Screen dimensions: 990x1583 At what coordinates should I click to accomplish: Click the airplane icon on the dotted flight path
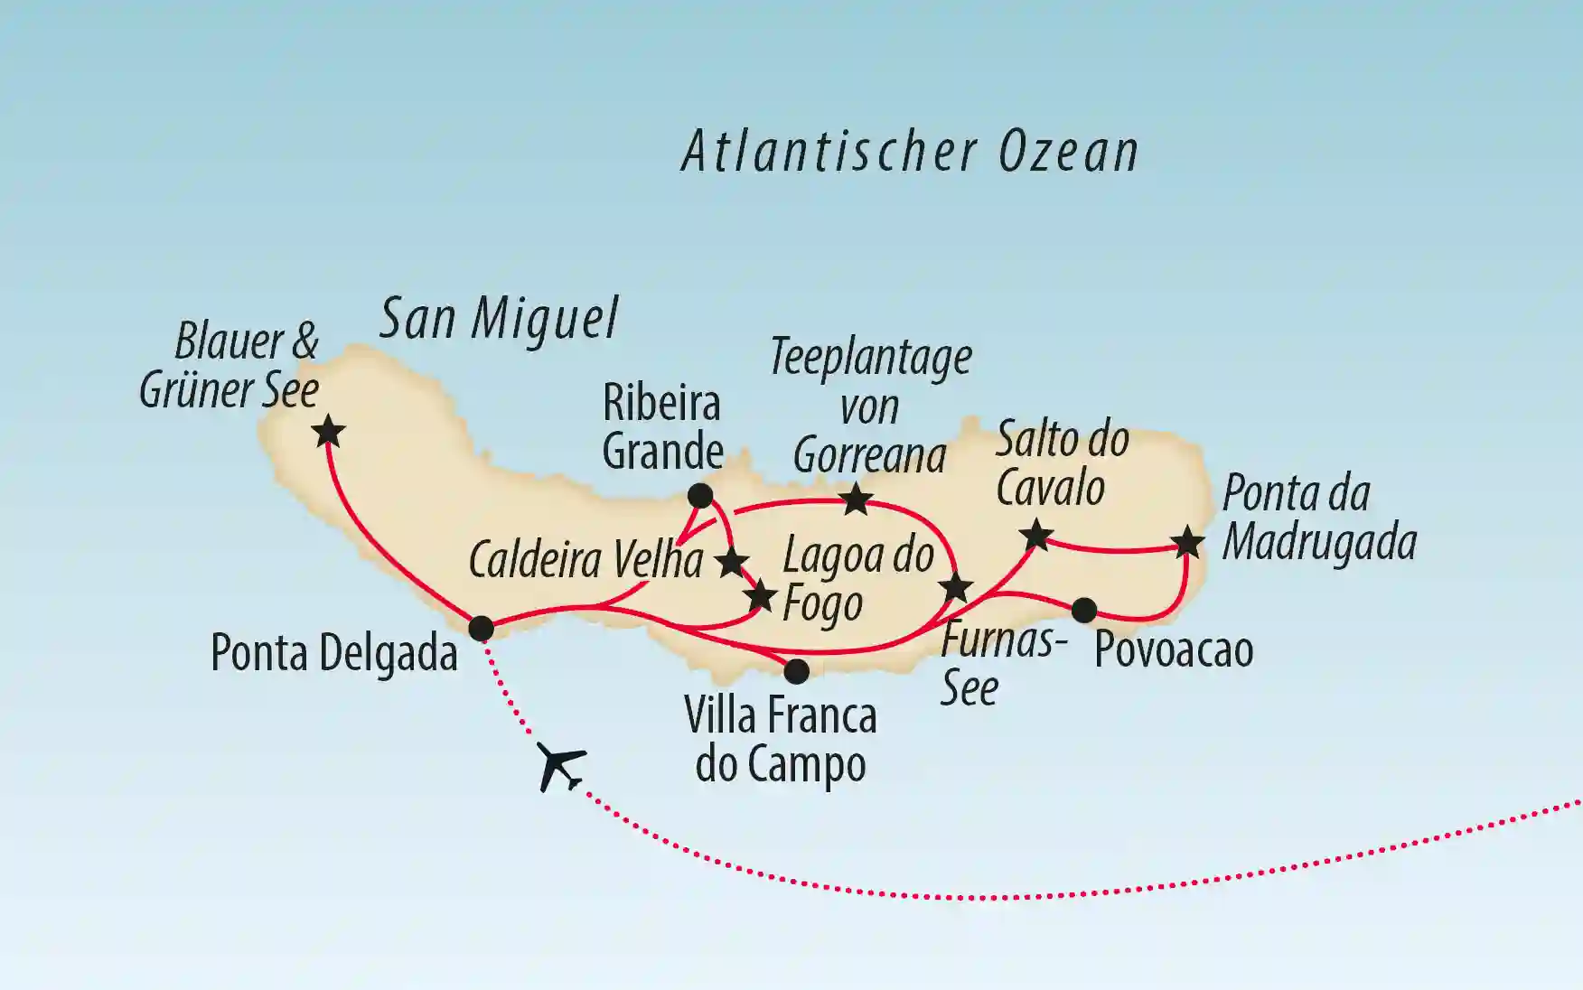pyautogui.click(x=560, y=767)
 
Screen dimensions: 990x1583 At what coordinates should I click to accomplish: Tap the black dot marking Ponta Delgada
pyautogui.click(x=482, y=628)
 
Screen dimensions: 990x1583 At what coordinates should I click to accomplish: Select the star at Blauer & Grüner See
pyautogui.click(x=329, y=432)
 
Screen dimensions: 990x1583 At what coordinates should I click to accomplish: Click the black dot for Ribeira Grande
pyautogui.click(x=700, y=495)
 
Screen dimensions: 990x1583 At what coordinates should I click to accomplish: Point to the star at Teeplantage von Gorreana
pyautogui.click(x=856, y=499)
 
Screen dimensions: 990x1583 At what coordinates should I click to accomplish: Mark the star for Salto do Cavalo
pyautogui.click(x=1036, y=536)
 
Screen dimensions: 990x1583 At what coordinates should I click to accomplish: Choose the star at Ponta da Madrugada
pyautogui.click(x=1187, y=543)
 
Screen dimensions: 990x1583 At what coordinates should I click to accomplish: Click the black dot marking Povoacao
pyautogui.click(x=1084, y=611)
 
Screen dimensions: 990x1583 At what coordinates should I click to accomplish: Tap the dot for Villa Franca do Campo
pyautogui.click(x=796, y=671)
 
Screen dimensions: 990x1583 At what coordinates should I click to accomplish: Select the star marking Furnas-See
pyautogui.click(x=956, y=589)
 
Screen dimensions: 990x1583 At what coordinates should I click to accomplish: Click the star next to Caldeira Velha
pyautogui.click(x=731, y=563)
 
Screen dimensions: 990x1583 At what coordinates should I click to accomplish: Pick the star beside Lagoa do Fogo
pyautogui.click(x=760, y=596)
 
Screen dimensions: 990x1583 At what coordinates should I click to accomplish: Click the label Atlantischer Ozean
pyautogui.click(x=909, y=152)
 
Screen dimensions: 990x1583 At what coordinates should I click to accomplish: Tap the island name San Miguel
pyautogui.click(x=499, y=319)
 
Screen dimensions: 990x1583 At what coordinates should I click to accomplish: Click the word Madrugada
pyautogui.click(x=1319, y=543)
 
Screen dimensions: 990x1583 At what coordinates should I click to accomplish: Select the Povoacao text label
pyautogui.click(x=1174, y=650)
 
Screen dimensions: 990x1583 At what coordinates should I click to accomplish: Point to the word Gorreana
pyautogui.click(x=869, y=455)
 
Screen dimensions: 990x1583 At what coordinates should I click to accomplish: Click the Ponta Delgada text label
pyautogui.click(x=334, y=653)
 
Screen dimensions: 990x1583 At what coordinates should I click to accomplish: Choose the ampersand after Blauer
pyautogui.click(x=305, y=342)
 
